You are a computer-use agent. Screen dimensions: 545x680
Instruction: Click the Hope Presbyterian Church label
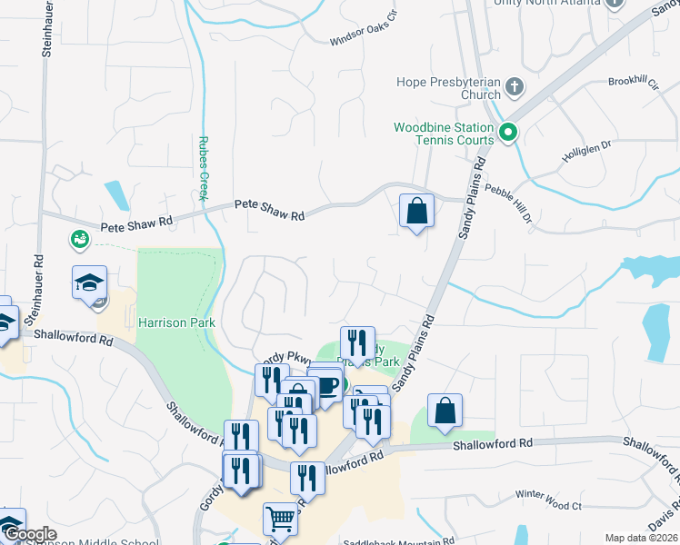pos(448,87)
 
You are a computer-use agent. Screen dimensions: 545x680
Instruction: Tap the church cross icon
pos(515,88)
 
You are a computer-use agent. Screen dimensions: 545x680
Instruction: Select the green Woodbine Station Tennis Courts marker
pos(509,134)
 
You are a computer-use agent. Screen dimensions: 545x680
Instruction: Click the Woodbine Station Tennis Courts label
pos(444,134)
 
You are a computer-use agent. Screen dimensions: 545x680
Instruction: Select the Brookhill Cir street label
pos(633,82)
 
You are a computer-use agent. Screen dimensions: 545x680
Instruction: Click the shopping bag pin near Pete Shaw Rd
pos(415,211)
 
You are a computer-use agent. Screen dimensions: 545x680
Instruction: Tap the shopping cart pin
pos(280,520)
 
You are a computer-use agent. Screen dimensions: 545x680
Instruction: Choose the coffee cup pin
pos(325,385)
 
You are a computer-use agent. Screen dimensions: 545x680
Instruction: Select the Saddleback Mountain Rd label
pos(398,541)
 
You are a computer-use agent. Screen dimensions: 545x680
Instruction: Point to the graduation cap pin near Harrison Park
pos(89,282)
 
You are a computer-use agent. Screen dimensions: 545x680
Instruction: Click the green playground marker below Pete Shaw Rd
pos(79,239)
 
